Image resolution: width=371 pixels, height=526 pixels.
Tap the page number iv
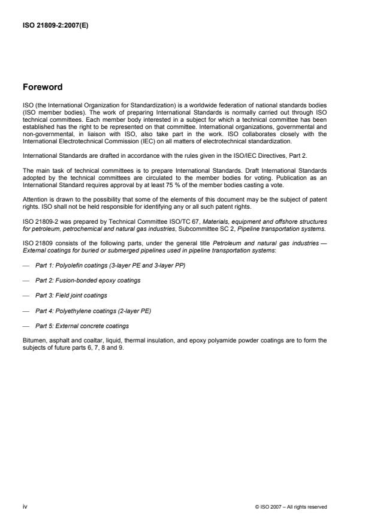pos(25,507)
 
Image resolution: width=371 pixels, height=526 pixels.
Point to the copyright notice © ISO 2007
pos(291,507)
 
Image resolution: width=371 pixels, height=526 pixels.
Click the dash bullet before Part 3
pos(25,296)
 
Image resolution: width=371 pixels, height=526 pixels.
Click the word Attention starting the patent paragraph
pos(34,199)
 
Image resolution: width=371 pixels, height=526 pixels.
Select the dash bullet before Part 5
pos(25,326)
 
